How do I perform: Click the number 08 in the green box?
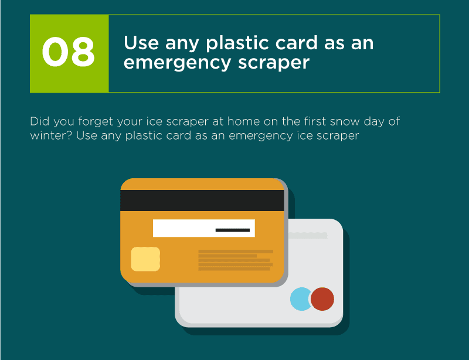(69, 52)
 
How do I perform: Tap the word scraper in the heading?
(274, 63)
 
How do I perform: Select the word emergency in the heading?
(178, 63)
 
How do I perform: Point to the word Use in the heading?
(141, 42)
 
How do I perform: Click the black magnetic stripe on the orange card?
(202, 201)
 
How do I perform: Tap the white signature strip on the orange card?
(204, 228)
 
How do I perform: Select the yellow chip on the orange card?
(145, 259)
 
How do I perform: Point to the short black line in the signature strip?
(233, 230)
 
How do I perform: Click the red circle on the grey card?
(322, 299)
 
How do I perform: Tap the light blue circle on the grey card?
(300, 299)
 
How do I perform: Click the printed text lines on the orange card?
(236, 260)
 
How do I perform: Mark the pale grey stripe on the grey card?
(308, 236)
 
